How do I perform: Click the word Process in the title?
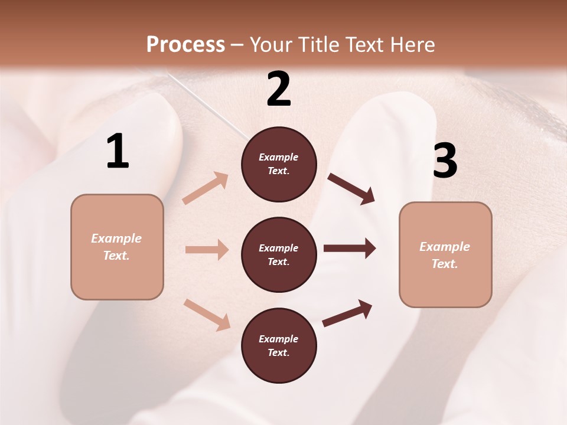185,44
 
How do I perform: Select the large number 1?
118,152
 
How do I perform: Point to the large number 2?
279,89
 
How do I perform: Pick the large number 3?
445,161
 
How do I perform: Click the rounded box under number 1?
117,247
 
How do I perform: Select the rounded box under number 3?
445,255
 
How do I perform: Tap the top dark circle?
279,164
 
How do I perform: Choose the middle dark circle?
279,255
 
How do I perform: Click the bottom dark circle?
279,346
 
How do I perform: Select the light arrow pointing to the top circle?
206,188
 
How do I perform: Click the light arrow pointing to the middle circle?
207,250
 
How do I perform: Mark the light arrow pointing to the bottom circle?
207,314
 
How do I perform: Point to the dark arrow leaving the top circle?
351,188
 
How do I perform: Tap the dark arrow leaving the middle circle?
350,249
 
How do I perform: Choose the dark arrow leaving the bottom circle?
347,313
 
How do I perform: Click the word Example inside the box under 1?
116,238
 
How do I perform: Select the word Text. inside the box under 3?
445,264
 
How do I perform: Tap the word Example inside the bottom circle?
278,339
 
